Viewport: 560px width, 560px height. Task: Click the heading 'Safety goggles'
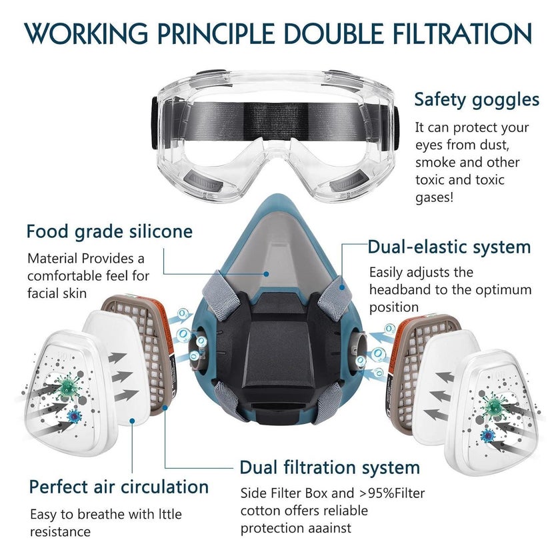click(477, 100)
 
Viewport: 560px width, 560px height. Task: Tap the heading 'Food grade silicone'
click(109, 232)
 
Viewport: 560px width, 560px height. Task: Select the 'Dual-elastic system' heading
click(449, 247)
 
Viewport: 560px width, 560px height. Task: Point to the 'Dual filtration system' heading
click(329, 467)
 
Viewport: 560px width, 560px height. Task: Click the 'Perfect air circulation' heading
click(119, 487)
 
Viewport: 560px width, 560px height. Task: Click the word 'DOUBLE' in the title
click(333, 34)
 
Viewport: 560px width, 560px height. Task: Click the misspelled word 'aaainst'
click(326, 528)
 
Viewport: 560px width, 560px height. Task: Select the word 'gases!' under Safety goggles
click(434, 198)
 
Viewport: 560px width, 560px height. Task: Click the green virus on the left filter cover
click(67, 387)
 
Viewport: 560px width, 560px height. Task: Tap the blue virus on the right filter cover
click(487, 436)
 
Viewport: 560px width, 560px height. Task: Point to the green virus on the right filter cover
click(494, 407)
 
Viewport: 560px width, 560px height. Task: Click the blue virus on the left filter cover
click(74, 416)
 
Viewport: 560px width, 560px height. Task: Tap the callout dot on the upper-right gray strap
click(342, 287)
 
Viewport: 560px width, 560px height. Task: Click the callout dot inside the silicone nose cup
click(266, 274)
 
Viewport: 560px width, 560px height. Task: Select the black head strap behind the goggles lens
click(275, 121)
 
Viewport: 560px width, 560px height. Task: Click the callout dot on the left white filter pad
click(132, 421)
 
